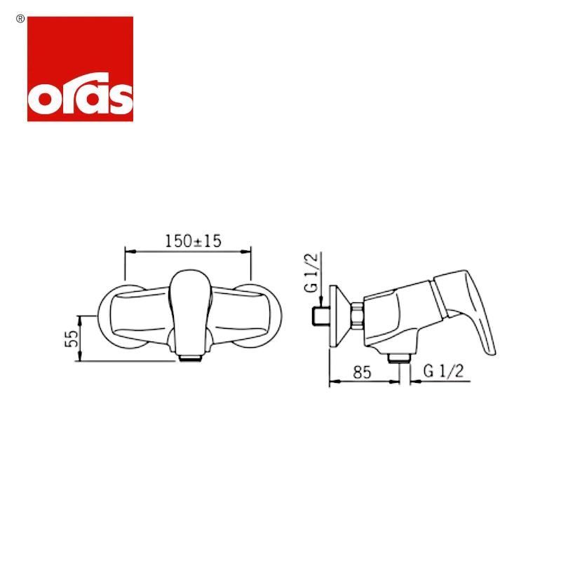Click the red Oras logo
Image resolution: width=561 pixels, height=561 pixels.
80,69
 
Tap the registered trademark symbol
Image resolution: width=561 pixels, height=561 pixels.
20,20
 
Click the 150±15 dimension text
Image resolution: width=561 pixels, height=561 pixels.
193,241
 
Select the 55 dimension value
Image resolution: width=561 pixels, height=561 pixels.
72,339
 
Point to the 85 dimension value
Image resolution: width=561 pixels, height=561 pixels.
362,372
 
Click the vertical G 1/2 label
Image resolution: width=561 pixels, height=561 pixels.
311,273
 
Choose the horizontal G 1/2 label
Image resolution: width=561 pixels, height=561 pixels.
444,371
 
